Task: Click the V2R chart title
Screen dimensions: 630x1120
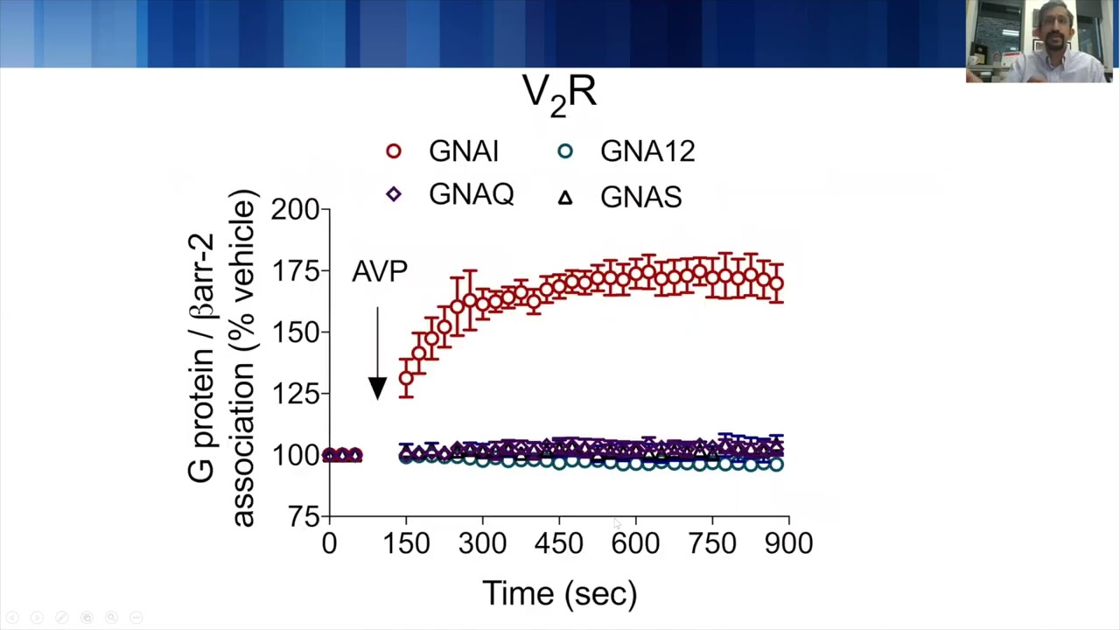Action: pos(559,93)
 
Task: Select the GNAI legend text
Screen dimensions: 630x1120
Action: pos(463,151)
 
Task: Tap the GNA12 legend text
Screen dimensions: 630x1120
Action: pos(647,151)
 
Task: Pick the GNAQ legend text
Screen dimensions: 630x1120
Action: pos(471,195)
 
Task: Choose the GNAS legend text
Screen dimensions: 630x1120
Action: pos(640,197)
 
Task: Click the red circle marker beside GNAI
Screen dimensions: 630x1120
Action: pos(394,151)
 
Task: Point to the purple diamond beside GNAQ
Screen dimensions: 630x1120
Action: pos(394,194)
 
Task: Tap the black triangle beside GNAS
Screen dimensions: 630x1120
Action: pos(565,198)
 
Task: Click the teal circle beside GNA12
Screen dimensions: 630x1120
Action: pos(565,151)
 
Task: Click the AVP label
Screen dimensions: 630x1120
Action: pos(379,271)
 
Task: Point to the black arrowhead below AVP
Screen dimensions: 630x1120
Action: pos(377,388)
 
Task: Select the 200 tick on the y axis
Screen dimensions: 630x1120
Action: pos(295,209)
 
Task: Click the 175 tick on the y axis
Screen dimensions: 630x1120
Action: pos(295,271)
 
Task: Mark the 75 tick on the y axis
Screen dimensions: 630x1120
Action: pos(302,517)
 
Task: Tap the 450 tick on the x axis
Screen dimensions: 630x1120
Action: pos(559,543)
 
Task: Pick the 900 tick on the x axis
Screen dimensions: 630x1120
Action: pos(788,543)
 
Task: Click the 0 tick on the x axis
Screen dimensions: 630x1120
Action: pos(329,543)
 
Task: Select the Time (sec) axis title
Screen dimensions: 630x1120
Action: pos(559,593)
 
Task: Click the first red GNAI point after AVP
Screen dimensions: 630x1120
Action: pos(406,379)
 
